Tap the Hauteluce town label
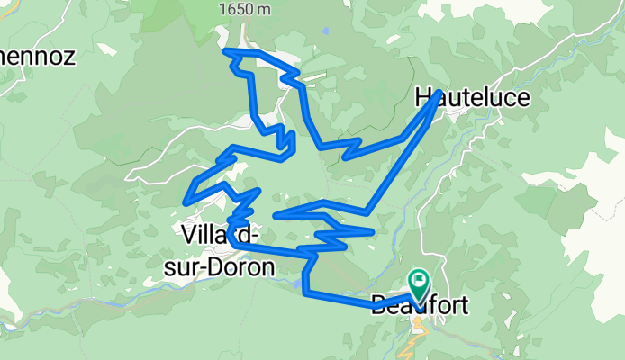[473, 97]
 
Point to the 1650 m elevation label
[244, 8]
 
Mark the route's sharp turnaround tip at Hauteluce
[439, 93]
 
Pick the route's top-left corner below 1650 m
[225, 51]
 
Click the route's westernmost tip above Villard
[186, 200]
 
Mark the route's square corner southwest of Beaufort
[307, 292]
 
